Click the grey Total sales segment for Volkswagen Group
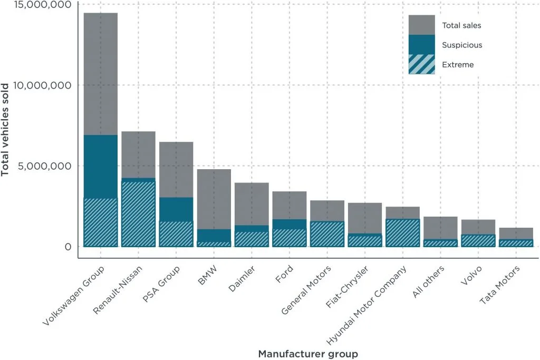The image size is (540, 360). [101, 74]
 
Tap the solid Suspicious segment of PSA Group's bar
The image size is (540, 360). [176, 209]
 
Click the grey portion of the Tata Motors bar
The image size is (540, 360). [516, 233]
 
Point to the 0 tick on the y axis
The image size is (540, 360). [67, 246]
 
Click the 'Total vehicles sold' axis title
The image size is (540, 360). [7, 129]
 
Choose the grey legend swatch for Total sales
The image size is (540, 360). [421, 25]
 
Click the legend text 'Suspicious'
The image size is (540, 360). [462, 45]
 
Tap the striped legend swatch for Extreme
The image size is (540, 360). [421, 64]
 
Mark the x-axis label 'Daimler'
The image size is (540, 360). [241, 277]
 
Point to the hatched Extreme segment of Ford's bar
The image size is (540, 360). [289, 238]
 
